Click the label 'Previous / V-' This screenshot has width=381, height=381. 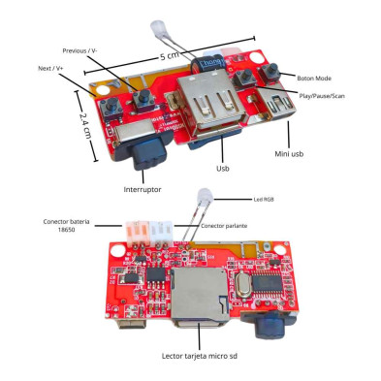pos(79,51)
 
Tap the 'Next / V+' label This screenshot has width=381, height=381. pos(50,69)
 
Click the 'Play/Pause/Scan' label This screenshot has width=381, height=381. pos(322,96)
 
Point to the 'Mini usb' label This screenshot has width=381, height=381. pos(289,154)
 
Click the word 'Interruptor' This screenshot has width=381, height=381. pos(143,189)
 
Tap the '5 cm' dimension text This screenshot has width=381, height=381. pos(170,56)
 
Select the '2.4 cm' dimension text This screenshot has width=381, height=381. pos(85,126)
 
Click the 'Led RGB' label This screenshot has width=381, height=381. pos(264,200)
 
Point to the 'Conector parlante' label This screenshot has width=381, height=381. pos(224,226)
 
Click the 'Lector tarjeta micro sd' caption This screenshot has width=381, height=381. pos(200,356)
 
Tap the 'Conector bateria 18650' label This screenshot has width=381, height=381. pos(66,226)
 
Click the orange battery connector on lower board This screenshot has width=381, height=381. pos(137,234)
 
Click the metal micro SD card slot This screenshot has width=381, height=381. pos(199,295)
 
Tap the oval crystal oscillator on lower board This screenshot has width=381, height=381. pos(241,284)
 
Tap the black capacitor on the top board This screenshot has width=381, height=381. pos(207,65)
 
